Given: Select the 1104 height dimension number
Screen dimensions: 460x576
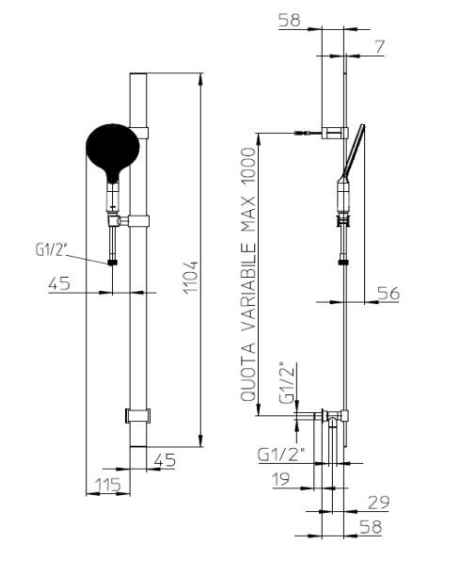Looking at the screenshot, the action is (191, 278).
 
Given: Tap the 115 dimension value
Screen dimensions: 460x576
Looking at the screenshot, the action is (108, 485).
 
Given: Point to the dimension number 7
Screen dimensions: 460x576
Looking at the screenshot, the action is (379, 47).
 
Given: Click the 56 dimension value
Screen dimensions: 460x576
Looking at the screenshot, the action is (389, 294).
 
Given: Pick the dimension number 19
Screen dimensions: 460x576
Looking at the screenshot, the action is (281, 479).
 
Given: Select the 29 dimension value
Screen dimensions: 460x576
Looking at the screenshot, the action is (378, 503).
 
